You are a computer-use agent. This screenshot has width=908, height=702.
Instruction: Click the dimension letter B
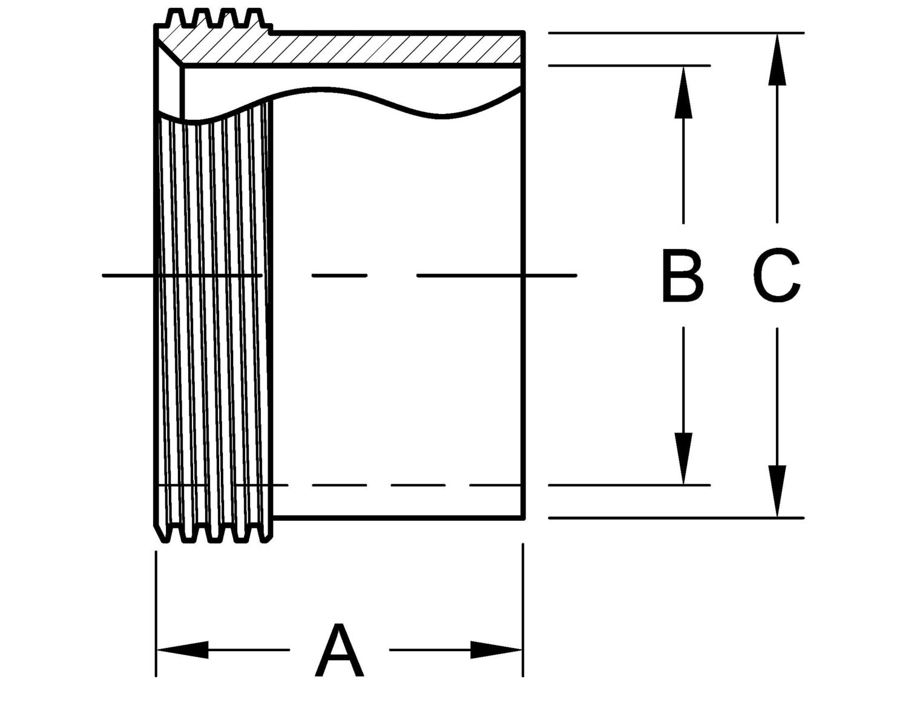tap(682, 276)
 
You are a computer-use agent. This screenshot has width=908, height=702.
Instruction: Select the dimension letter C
tap(777, 276)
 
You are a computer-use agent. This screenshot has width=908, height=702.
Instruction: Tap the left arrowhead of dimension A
tap(182, 650)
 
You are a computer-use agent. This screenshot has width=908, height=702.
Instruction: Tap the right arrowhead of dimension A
tap(496, 650)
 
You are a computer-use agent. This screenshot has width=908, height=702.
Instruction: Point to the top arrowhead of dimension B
tap(683, 91)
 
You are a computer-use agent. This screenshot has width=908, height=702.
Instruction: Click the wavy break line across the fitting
tap(363, 97)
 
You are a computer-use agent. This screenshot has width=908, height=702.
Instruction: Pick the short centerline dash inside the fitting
tap(339, 276)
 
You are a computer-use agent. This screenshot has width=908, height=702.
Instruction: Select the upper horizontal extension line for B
tap(630, 65)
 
